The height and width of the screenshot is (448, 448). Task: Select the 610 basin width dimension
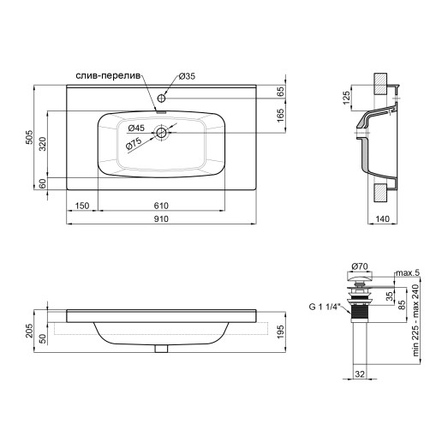pyautogui.click(x=161, y=206)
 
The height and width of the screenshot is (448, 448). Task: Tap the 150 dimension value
pyautogui.click(x=82, y=206)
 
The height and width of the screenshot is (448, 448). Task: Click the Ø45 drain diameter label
pyautogui.click(x=134, y=128)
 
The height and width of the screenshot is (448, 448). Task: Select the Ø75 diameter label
pyautogui.click(x=135, y=144)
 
